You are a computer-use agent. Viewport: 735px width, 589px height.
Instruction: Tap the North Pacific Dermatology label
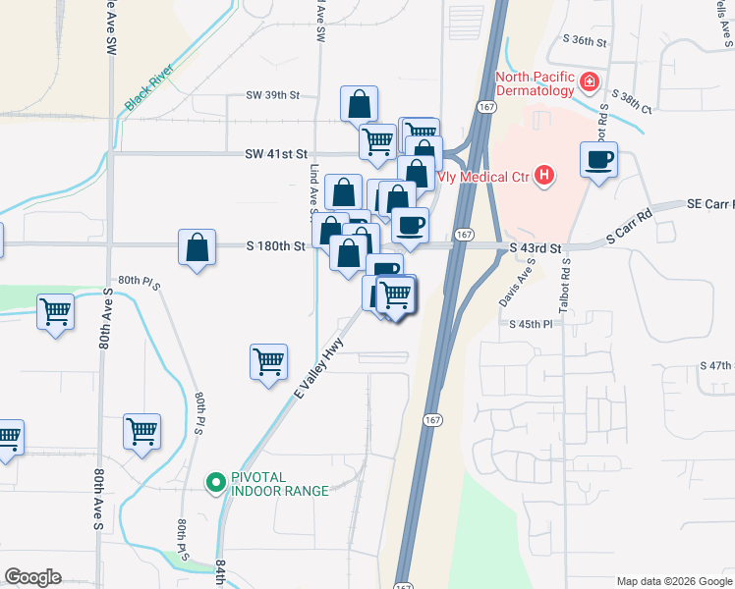[x=534, y=83]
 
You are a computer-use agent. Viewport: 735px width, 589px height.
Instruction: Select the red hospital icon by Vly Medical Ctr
[x=544, y=178]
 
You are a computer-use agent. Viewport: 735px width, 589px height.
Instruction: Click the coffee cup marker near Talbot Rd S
[x=598, y=160]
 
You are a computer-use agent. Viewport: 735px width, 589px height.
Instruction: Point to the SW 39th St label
[x=272, y=96]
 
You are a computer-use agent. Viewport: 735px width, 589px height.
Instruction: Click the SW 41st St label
[x=276, y=154]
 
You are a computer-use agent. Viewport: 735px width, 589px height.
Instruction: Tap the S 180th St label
[x=275, y=246]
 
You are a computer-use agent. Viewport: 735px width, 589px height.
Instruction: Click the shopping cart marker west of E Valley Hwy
[x=268, y=362]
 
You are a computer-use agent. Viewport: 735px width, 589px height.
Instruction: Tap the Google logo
[x=32, y=577]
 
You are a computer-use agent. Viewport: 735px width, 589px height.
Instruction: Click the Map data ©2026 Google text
[x=673, y=581]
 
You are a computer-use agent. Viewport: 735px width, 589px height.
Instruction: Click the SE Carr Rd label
[x=707, y=204]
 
